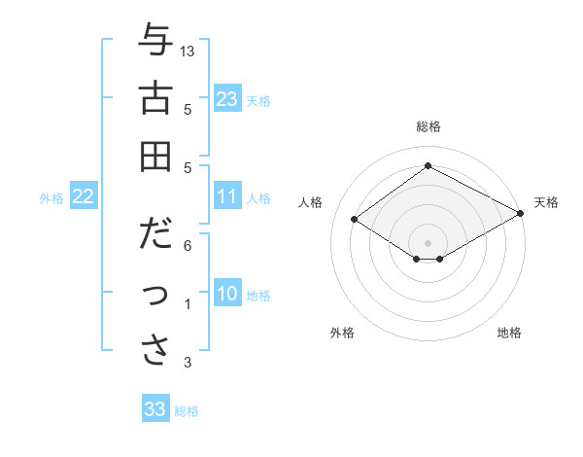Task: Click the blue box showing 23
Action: click(x=227, y=98)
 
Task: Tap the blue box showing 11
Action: click(x=227, y=196)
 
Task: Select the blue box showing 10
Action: click(x=227, y=295)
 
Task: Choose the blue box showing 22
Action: click(x=84, y=196)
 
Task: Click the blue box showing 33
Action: click(x=155, y=409)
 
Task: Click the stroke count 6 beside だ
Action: click(x=188, y=247)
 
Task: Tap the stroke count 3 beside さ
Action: click(x=188, y=363)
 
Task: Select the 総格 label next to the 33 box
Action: click(x=187, y=411)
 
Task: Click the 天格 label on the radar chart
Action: click(x=546, y=202)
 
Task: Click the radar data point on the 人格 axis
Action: click(x=355, y=220)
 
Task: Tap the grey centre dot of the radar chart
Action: click(x=428, y=241)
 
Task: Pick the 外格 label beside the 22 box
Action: click(x=51, y=198)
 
